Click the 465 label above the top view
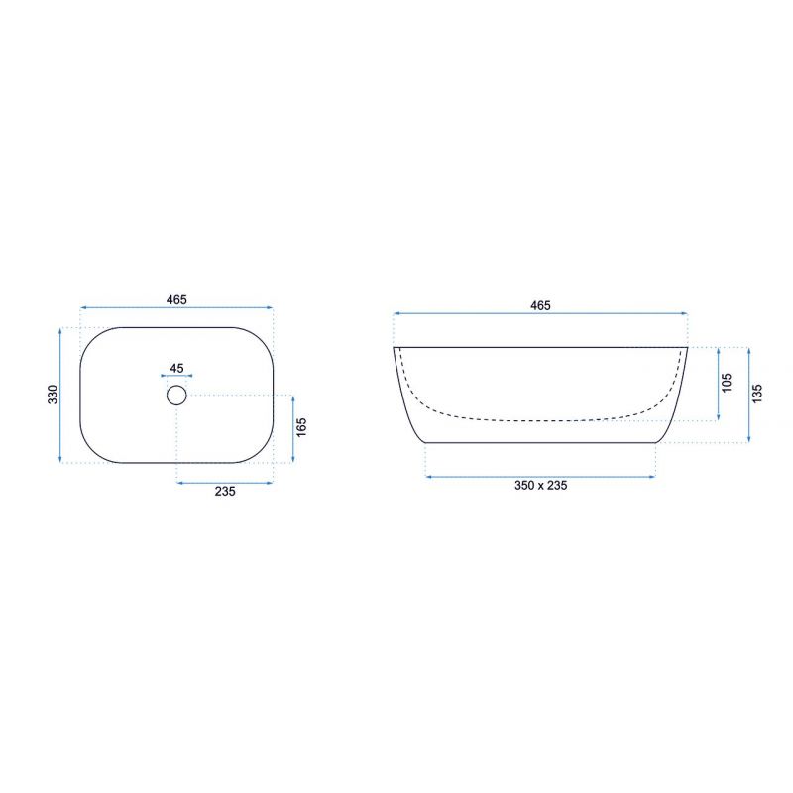176,299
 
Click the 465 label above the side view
540,305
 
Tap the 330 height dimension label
53,395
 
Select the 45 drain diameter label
176,368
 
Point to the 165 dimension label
301,427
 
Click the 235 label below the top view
225,491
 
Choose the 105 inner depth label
727,383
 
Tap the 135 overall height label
757,394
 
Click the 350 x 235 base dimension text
540,485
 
